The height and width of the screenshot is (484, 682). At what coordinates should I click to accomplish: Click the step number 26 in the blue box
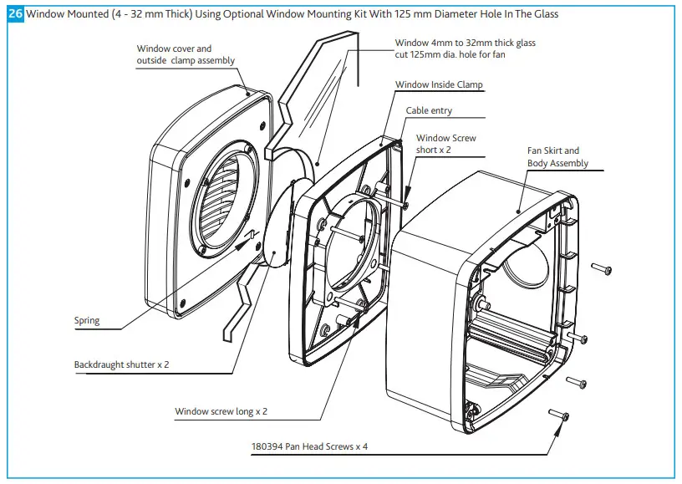(15, 14)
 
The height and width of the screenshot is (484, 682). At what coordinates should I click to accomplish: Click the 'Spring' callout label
(86, 320)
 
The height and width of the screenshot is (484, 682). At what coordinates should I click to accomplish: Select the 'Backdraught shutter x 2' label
(121, 364)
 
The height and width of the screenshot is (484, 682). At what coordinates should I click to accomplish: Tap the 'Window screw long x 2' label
(221, 411)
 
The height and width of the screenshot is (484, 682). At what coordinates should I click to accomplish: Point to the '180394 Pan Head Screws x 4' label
(309, 446)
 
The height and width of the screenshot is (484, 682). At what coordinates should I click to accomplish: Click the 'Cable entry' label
(429, 110)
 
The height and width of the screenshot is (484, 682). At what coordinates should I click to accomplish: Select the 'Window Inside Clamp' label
(439, 84)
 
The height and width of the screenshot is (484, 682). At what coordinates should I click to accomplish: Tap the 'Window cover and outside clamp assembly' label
(186, 54)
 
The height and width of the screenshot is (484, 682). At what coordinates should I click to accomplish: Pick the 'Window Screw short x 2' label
(445, 144)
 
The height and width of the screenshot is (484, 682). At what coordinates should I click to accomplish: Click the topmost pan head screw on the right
(602, 268)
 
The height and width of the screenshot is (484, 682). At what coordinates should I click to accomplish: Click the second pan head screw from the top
(578, 337)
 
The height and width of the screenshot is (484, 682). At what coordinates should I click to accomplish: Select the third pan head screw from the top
(577, 381)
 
